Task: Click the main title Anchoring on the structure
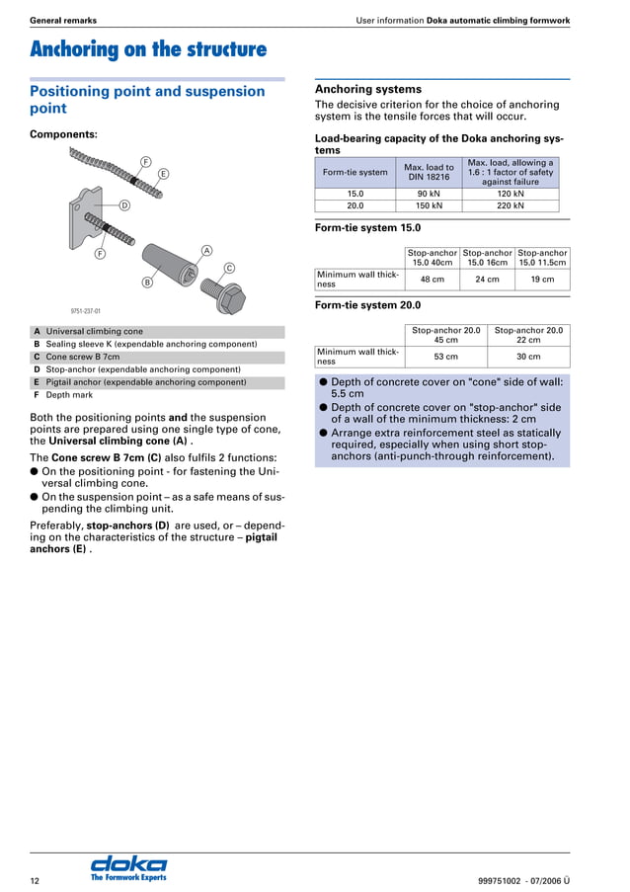pyautogui.click(x=148, y=49)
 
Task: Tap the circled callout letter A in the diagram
pyautogui.click(x=206, y=250)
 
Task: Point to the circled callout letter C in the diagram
pyautogui.click(x=229, y=268)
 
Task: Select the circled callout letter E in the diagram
pyautogui.click(x=163, y=174)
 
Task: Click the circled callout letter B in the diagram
pyautogui.click(x=147, y=283)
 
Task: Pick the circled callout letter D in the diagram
pyautogui.click(x=124, y=205)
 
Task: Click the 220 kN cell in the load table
pyautogui.click(x=511, y=205)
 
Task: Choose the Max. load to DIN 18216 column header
pyautogui.click(x=429, y=172)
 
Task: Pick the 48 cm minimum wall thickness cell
pyautogui.click(x=433, y=280)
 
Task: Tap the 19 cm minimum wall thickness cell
pyautogui.click(x=542, y=280)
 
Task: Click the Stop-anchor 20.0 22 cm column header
pyautogui.click(x=528, y=335)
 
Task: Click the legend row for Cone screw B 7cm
pyautogui.click(x=83, y=357)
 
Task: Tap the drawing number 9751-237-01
pyautogui.click(x=85, y=309)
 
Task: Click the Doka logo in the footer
pyautogui.click(x=128, y=867)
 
